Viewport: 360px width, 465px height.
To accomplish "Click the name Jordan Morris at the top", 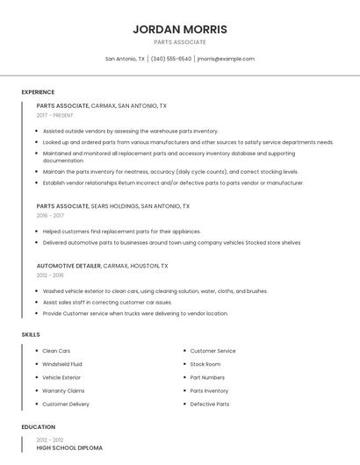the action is tap(179, 29).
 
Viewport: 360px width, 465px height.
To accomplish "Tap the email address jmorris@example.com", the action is tap(226, 59).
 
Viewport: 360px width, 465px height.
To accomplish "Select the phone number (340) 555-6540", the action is tap(171, 59).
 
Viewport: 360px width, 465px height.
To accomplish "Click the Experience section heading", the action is tap(38, 92).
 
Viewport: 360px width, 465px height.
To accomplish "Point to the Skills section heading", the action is tap(31, 334).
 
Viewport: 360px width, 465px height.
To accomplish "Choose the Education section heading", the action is tap(39, 427).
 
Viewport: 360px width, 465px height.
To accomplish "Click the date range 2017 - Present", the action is tap(54, 116).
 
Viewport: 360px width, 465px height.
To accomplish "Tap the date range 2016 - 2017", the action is tap(50, 215).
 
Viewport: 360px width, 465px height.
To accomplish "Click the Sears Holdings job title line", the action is tap(112, 206).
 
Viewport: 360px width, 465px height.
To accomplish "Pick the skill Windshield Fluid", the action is tap(62, 364).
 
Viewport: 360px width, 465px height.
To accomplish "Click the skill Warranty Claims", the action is tap(63, 390).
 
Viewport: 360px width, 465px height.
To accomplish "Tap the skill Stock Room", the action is tap(205, 364).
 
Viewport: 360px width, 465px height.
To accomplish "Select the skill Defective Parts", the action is tap(210, 404).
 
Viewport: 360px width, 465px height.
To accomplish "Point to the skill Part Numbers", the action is tap(207, 377).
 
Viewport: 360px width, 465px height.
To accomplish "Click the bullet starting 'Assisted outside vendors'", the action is tap(130, 131).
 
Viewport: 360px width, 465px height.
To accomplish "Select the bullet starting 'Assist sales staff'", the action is tap(107, 302).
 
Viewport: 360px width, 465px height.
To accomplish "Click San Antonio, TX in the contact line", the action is tap(125, 59).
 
